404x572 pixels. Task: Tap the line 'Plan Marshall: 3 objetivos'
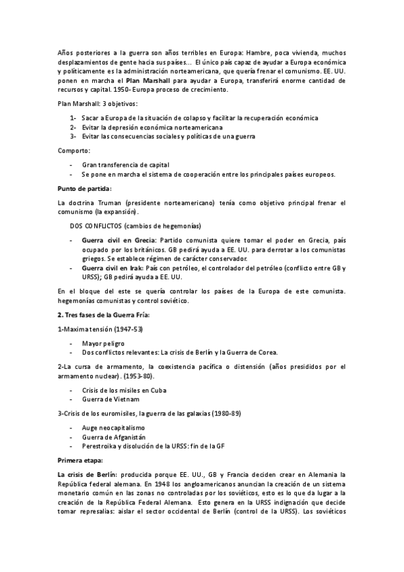[x=98, y=104]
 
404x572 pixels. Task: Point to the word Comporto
[x=73, y=151]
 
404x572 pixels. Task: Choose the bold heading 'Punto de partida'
[x=85, y=188]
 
